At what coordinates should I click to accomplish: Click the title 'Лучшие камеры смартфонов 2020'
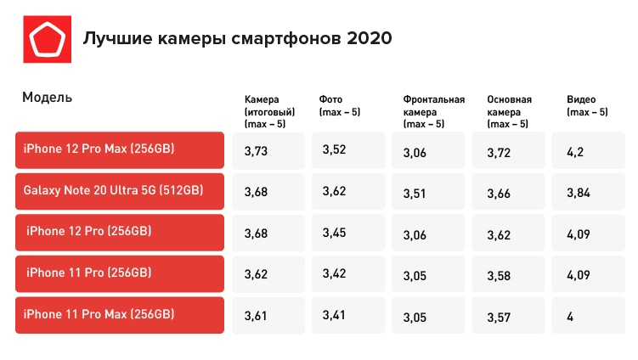pos(237,40)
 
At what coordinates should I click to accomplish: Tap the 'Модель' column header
pos(47,98)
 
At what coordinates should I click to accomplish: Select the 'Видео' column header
pos(587,105)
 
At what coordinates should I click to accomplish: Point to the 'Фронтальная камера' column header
pos(433,111)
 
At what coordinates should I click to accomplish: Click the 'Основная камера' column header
pos(509,111)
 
